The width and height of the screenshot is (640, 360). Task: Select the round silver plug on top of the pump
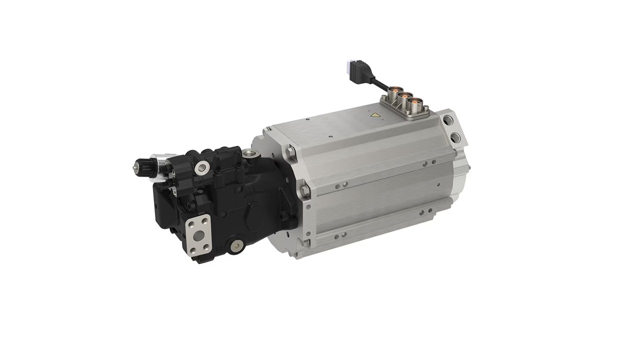[201, 167]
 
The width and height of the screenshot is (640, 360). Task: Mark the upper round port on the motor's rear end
[448, 120]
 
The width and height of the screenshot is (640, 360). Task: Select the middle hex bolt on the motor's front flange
[303, 190]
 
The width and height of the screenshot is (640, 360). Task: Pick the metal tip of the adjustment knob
[135, 168]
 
